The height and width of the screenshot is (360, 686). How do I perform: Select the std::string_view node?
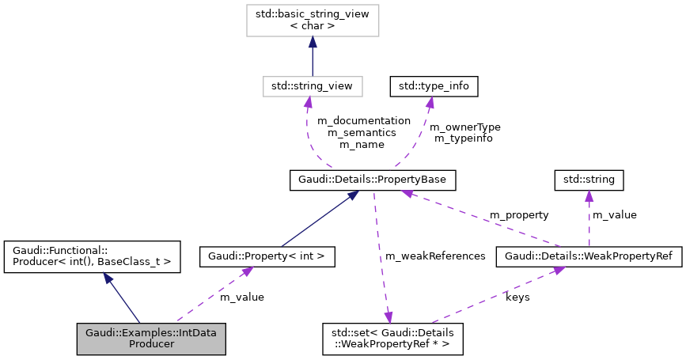tap(312, 84)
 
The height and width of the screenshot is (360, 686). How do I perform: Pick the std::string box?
tap(589, 180)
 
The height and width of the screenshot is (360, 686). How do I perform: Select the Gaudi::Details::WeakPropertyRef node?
tap(588, 256)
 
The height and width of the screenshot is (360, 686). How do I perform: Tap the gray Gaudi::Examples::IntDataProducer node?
tap(151, 338)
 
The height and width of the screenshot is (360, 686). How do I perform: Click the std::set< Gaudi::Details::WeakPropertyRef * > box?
tap(392, 338)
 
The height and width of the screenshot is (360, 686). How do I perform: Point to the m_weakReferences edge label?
tap(435, 256)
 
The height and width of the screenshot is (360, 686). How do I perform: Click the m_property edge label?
tap(519, 214)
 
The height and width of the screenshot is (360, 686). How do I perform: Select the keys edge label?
tap(517, 297)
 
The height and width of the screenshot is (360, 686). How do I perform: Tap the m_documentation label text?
tap(364, 120)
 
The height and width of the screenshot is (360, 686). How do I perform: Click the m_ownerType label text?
tap(464, 126)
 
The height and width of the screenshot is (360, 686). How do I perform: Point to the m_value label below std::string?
tap(614, 214)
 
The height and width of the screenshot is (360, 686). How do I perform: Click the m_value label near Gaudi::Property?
tap(241, 297)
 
